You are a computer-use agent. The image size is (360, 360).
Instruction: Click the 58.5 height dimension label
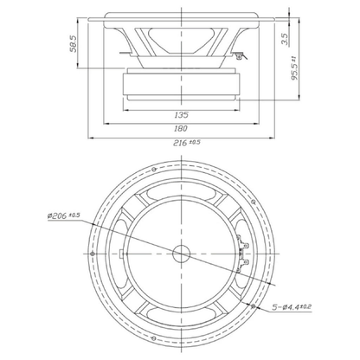(x=74, y=43)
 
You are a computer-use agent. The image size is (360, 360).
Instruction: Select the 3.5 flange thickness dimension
(x=285, y=39)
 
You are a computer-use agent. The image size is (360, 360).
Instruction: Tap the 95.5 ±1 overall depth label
(x=294, y=68)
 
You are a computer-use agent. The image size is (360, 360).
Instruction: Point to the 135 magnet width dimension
(x=181, y=115)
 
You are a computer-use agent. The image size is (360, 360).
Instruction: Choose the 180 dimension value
(x=181, y=128)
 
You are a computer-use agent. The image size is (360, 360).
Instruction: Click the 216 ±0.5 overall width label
(x=186, y=143)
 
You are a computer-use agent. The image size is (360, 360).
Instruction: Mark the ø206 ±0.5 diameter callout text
(x=64, y=215)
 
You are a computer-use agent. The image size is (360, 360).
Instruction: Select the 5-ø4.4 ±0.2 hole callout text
(x=292, y=307)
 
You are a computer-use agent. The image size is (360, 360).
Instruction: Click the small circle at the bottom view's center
(x=181, y=254)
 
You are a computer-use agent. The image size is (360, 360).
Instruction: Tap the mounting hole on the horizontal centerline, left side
(x=93, y=254)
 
